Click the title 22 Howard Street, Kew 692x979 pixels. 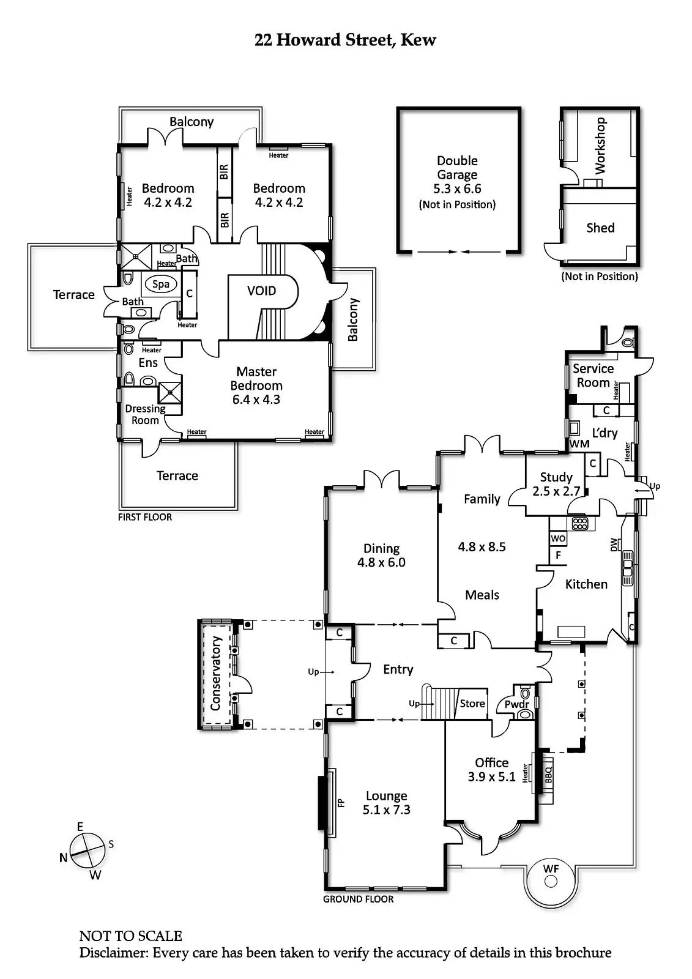pos(345,40)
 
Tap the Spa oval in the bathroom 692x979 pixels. pos(161,284)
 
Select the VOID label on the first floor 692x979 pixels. pos(261,291)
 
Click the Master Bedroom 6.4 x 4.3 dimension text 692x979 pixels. pos(256,400)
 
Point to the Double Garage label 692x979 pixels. pos(457,168)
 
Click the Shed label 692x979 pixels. pos(600,228)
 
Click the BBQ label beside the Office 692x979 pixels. pos(548,775)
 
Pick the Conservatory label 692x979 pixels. pos(215,673)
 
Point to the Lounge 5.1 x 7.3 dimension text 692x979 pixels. pos(386,810)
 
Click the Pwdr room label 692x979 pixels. pos(516,704)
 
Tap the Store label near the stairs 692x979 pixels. pos(472,704)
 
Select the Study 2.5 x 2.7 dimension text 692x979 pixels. pos(556,491)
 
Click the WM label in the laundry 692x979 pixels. pos(579,444)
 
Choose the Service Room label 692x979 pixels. pos(593,376)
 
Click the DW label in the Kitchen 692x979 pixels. pos(614,545)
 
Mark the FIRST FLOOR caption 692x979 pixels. pos(145,517)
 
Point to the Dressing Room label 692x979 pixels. pos(145,414)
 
